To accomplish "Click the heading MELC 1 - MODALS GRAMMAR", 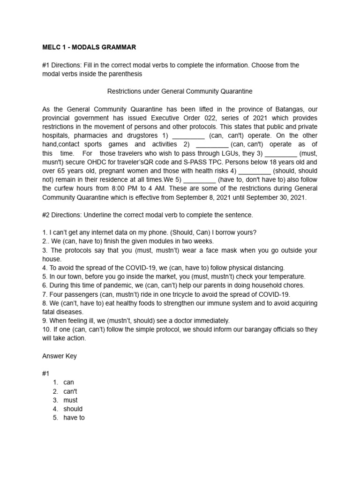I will coord(89,47).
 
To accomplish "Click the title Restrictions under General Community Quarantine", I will coord(180,91).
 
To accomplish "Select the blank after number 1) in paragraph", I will coord(188,135).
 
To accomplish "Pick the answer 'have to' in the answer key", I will coord(74,418).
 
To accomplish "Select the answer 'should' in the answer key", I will coord(73,409).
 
